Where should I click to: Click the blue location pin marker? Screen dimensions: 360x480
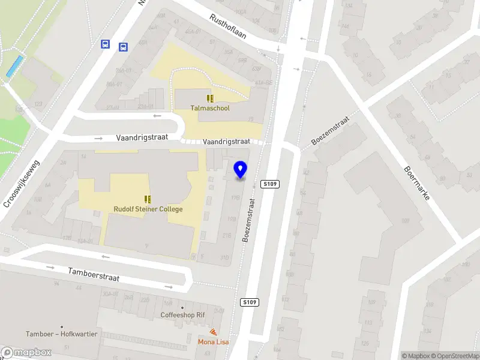[240, 170]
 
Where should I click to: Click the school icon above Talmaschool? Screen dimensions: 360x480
[210, 98]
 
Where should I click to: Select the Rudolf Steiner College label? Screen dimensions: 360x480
[148, 209]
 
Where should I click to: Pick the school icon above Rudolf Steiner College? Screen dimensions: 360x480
[148, 199]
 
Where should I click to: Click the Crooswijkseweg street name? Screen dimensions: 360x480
[21, 183]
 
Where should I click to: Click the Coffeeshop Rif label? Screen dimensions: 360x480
[183, 315]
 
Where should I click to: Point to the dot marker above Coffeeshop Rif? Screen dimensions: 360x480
[183, 307]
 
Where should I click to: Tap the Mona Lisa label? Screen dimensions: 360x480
[213, 342]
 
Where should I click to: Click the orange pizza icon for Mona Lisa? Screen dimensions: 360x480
[213, 332]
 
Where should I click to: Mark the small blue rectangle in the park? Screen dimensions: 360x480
[16, 66]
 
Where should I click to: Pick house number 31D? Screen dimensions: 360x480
[224, 259]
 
